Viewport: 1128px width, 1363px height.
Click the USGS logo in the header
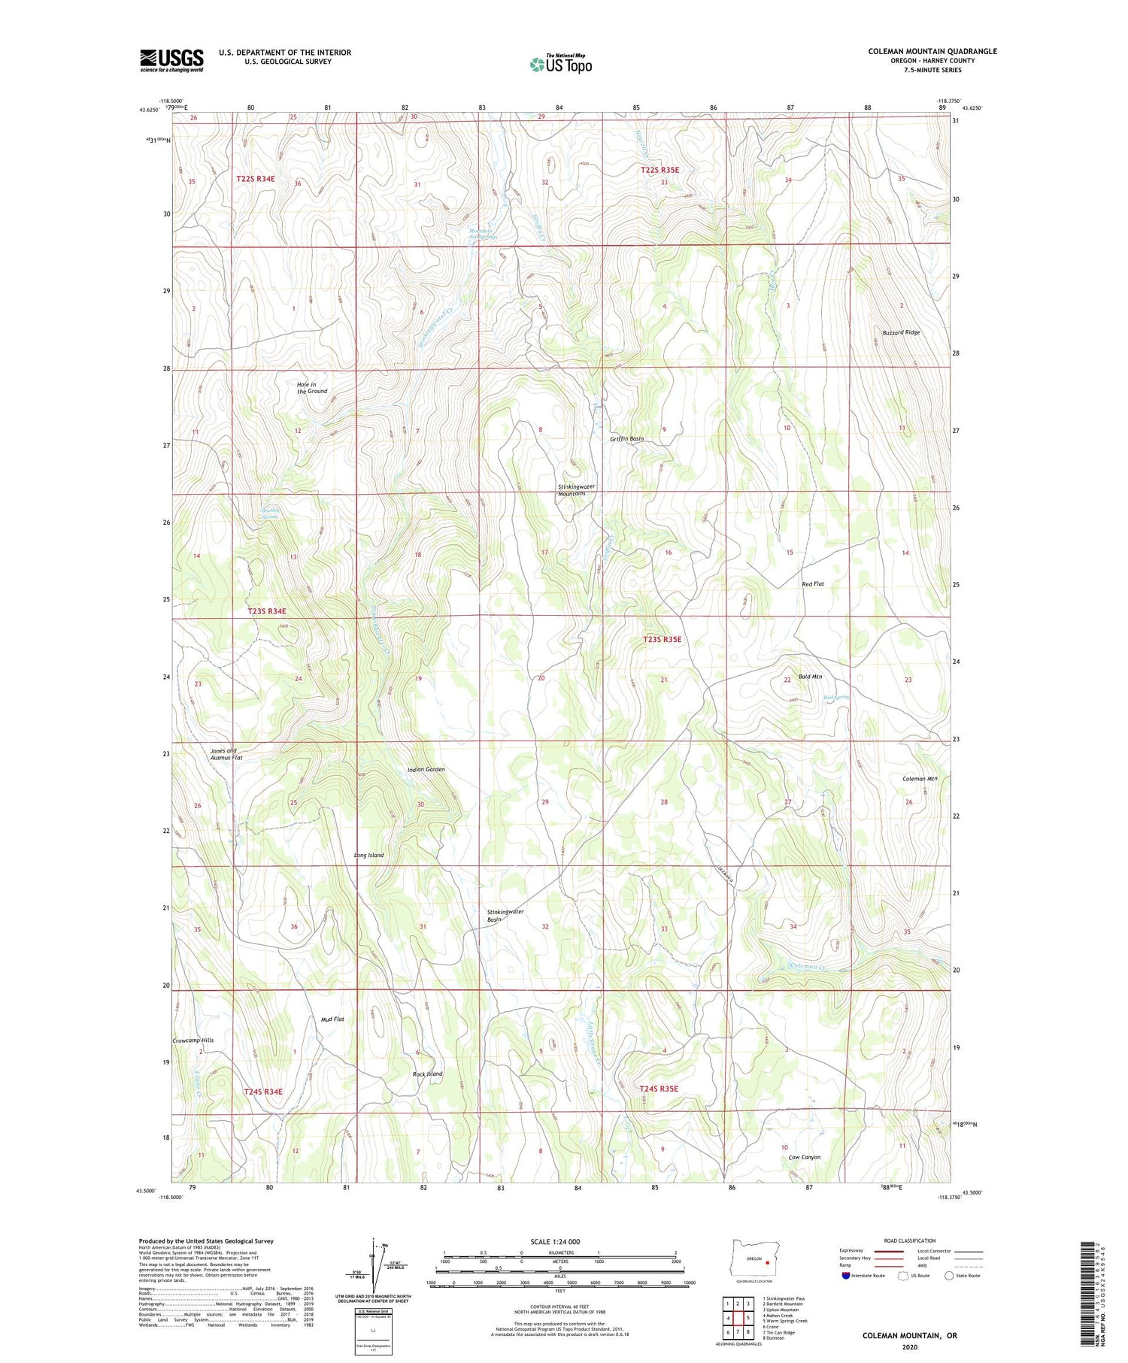coord(171,60)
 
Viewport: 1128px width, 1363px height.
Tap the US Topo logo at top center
coord(561,64)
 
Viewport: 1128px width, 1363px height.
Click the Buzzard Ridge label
coord(901,332)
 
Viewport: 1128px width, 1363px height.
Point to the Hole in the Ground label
coord(312,388)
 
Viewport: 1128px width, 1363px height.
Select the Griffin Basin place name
coord(626,439)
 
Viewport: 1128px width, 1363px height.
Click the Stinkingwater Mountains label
coord(576,490)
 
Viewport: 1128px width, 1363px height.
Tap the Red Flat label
coord(813,583)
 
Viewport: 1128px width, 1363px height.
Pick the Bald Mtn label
coord(810,677)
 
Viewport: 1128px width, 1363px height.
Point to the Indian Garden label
coord(426,770)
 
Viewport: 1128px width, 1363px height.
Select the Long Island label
coord(368,856)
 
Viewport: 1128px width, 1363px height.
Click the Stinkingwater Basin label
coord(505,916)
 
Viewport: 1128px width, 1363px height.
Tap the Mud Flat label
coord(332,1019)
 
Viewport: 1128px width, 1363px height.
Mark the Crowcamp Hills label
coord(193,1040)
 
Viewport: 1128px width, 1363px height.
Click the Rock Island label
coord(428,1074)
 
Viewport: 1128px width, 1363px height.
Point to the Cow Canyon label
coord(804,1158)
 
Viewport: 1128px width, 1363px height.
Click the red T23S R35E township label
coord(662,640)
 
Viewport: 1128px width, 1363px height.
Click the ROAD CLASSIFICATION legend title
coord(910,1240)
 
